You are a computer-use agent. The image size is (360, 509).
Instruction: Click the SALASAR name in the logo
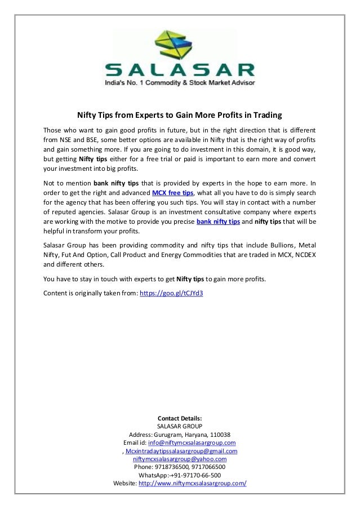click(x=180, y=70)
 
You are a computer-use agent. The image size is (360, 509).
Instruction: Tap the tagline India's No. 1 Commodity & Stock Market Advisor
click(x=180, y=83)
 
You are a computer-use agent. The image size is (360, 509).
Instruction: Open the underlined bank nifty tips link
click(x=218, y=222)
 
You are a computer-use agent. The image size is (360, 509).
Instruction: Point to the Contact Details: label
click(x=180, y=418)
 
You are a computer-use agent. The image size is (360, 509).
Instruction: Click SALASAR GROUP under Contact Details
click(x=180, y=427)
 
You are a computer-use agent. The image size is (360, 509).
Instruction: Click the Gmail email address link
click(x=181, y=451)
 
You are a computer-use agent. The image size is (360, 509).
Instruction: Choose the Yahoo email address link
click(x=180, y=459)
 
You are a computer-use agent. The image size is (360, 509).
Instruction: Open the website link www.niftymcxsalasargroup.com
click(x=193, y=484)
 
